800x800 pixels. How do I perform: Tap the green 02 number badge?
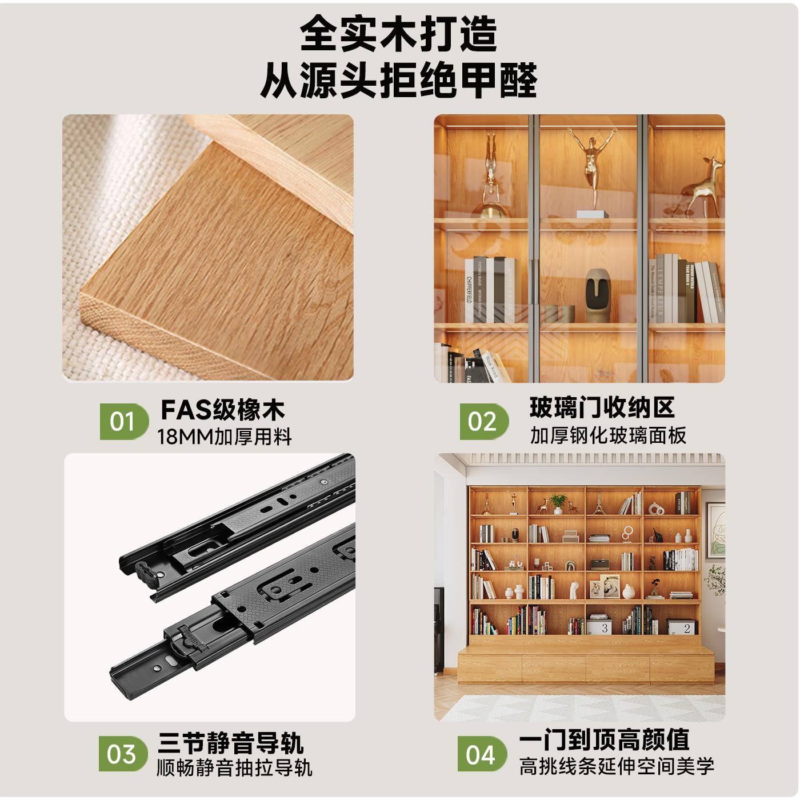point(483,422)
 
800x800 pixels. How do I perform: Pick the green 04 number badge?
point(481,754)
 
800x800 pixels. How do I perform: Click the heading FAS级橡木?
point(222,410)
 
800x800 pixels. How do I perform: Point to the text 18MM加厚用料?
point(225,437)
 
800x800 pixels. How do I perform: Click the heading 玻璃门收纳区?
point(602,407)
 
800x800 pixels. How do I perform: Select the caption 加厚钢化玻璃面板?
point(608,435)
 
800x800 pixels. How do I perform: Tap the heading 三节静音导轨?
point(230,742)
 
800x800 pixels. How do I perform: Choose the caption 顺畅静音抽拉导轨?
point(234,767)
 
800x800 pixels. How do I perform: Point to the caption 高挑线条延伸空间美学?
point(617,766)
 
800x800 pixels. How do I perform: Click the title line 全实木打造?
point(399,34)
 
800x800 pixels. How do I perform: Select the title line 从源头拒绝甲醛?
point(399,80)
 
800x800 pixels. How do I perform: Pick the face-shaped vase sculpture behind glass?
point(599,297)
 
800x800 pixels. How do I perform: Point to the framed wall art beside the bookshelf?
point(715,531)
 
